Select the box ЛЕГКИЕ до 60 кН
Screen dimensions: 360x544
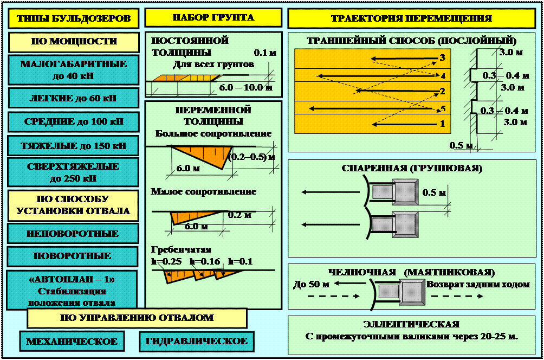[73, 98]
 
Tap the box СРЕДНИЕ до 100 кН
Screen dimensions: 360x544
[73, 121]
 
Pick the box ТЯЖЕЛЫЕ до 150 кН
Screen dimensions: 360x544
[73, 145]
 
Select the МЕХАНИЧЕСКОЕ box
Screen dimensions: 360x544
[72, 341]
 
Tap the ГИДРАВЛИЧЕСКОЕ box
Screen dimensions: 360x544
[196, 341]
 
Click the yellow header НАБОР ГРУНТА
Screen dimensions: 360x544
[213, 18]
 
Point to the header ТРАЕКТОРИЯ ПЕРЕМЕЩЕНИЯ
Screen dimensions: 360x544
[411, 18]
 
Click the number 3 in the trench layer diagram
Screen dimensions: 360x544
[442, 57]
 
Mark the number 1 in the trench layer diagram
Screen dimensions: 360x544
[442, 124]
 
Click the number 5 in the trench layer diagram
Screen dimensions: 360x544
[443, 108]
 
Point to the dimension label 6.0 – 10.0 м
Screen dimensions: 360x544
[245, 87]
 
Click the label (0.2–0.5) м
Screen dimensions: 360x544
[251, 157]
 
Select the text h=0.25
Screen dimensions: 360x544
[165, 261]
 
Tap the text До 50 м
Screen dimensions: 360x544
[312, 284]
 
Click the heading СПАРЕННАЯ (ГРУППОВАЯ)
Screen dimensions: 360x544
[412, 168]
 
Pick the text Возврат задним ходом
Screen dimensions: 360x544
[478, 284]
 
